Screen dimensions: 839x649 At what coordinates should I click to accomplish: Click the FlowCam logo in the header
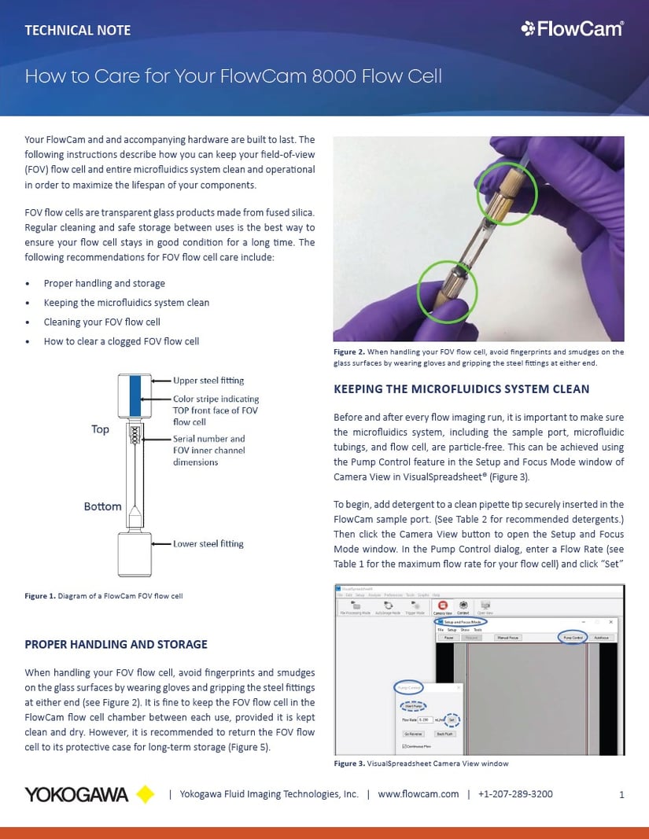[572, 29]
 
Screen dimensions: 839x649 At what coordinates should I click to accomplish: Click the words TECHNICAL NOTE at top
[78, 31]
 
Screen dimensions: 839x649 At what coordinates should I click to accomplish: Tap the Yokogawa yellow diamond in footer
[146, 794]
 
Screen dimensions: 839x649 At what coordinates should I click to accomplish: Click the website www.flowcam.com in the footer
[418, 794]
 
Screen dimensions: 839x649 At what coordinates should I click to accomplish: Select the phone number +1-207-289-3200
[515, 794]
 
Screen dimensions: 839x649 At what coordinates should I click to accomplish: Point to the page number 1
[621, 795]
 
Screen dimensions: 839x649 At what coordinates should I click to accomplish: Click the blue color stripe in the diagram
[134, 396]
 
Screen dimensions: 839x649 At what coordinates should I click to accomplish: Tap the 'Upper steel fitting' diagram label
[208, 381]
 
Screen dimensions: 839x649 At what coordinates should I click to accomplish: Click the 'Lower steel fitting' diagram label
[208, 543]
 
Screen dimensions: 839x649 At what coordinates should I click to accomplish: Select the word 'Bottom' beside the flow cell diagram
[102, 506]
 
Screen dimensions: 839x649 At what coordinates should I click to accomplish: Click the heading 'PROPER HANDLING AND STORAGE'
[116, 644]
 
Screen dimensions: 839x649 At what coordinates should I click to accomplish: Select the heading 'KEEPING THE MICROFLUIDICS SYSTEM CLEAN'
[461, 388]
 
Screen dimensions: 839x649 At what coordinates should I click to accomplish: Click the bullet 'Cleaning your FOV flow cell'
[101, 322]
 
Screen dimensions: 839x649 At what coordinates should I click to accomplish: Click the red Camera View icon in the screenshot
[443, 606]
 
